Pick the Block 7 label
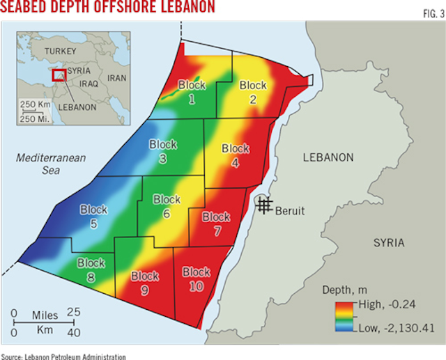(x=216, y=222)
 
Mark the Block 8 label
(x=91, y=269)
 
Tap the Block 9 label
(x=145, y=277)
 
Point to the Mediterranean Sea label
(x=51, y=164)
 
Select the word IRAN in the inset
(x=116, y=78)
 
